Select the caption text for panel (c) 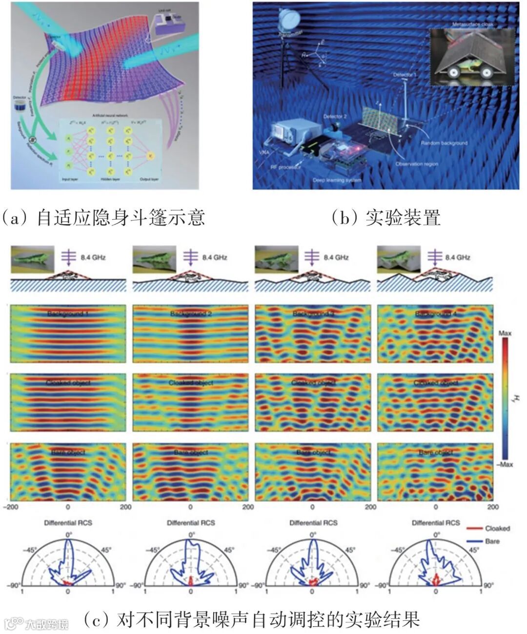[x=251, y=620]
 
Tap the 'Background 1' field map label [x=68, y=313]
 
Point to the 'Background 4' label [x=435, y=313]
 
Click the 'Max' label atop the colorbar [x=505, y=333]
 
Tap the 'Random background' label [x=444, y=143]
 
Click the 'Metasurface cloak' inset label [x=473, y=23]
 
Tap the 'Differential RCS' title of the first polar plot [x=68, y=523]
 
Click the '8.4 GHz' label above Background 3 [x=336, y=257]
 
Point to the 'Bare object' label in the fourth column [x=435, y=452]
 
